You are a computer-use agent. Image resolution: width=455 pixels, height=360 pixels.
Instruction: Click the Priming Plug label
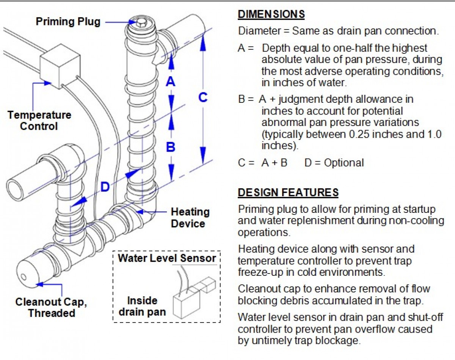point(68,21)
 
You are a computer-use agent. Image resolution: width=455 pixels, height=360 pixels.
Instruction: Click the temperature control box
point(60,65)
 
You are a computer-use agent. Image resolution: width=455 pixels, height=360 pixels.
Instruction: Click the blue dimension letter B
point(171,147)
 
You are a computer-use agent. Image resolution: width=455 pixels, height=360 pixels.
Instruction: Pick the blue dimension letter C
point(203,97)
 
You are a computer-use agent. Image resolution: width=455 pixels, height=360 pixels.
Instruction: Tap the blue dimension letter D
point(105,187)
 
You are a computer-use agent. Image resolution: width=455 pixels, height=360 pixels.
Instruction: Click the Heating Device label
point(190,217)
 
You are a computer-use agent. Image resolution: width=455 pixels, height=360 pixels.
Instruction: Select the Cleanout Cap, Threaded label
point(51,308)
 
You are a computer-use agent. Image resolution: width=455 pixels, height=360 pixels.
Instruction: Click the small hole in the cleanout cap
point(23,276)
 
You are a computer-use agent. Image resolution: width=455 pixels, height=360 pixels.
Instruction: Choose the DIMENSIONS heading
point(271,14)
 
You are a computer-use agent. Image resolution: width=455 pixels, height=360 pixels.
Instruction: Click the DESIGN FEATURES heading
point(288,193)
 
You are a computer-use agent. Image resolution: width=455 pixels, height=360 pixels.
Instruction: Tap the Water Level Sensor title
point(167,259)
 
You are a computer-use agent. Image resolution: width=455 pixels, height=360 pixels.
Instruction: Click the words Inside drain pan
point(142,306)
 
